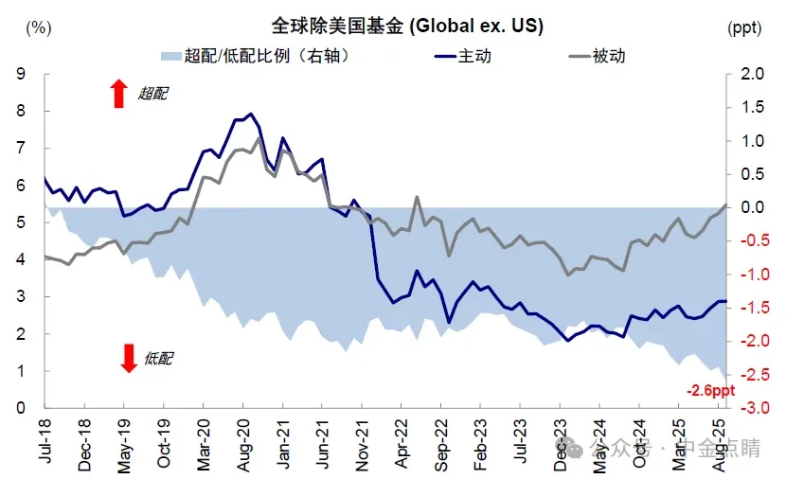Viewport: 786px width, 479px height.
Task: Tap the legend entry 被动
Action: click(609, 56)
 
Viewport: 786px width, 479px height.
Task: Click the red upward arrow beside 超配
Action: click(118, 94)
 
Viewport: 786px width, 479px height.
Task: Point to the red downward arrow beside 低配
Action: click(129, 358)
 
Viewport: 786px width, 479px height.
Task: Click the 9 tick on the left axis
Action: click(21, 74)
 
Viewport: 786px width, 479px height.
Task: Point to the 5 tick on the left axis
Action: click(21, 222)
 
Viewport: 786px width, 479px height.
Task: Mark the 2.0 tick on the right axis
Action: click(753, 74)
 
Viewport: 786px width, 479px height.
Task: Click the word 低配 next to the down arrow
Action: click(160, 358)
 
